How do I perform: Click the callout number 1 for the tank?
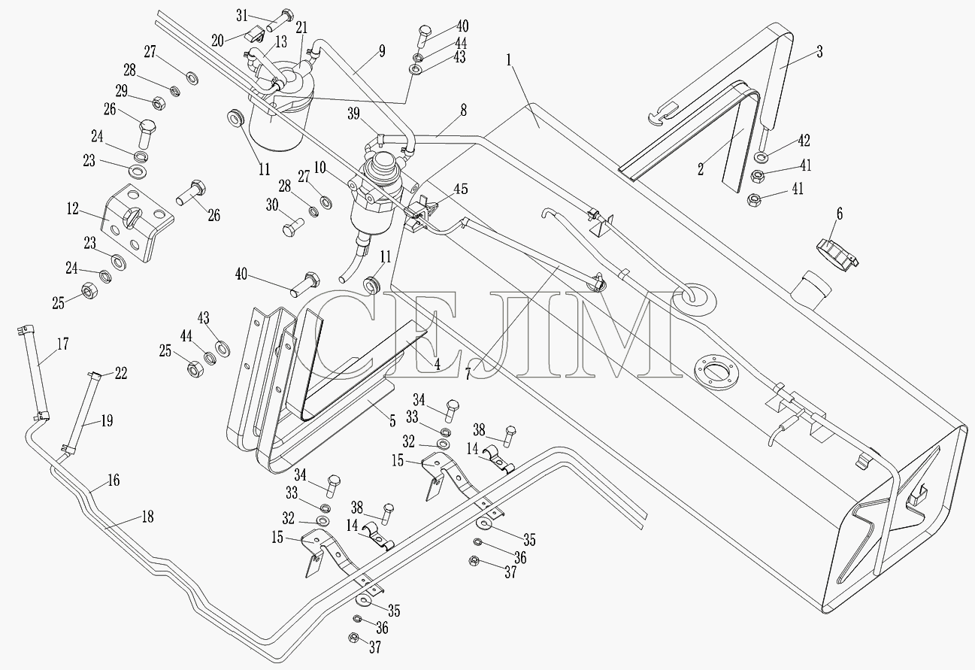pyautogui.click(x=509, y=60)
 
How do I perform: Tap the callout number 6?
pyautogui.click(x=840, y=214)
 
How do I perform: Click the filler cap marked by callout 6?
pyautogui.click(x=837, y=254)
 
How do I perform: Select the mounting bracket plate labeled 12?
pyautogui.click(x=137, y=223)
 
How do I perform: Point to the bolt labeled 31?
pyautogui.click(x=280, y=20)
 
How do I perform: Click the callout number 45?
pyautogui.click(x=461, y=189)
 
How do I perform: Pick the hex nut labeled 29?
pyautogui.click(x=158, y=104)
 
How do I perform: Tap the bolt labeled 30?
pyautogui.click(x=293, y=226)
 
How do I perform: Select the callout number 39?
pyautogui.click(x=353, y=114)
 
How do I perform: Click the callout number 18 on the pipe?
pyautogui.click(x=148, y=517)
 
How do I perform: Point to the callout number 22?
pyautogui.click(x=120, y=373)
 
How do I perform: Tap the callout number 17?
pyautogui.click(x=62, y=344)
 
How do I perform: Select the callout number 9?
pyautogui.click(x=382, y=51)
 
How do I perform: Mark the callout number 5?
pyautogui.click(x=392, y=420)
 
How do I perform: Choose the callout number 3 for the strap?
pyautogui.click(x=819, y=52)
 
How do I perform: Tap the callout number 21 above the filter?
pyautogui.click(x=301, y=27)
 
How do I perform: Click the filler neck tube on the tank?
pyautogui.click(x=811, y=289)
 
